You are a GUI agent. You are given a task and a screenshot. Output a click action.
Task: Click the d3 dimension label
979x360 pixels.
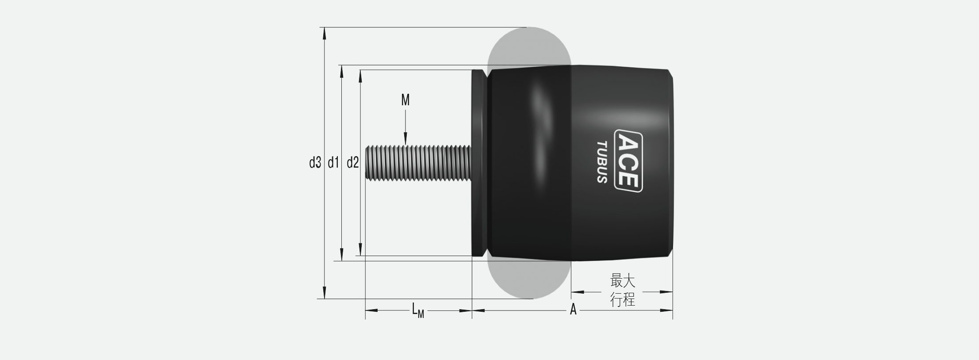coord(315,163)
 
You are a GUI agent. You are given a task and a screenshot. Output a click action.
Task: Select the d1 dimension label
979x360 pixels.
coord(333,163)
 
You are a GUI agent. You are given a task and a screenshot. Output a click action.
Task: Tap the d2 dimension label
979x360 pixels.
coord(352,163)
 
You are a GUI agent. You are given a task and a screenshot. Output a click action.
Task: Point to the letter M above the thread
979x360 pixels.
coord(405,100)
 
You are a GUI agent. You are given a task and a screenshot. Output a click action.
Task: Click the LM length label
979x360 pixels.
coord(418,310)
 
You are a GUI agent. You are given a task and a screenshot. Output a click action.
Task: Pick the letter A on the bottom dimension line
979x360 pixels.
coord(573,310)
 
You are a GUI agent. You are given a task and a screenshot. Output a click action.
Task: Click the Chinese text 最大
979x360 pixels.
coord(623,280)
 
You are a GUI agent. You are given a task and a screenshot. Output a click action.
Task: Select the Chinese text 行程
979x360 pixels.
coord(623,300)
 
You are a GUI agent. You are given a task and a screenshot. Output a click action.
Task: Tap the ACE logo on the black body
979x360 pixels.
coord(628,161)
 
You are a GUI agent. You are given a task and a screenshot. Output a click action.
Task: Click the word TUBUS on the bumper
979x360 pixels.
coord(602,162)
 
